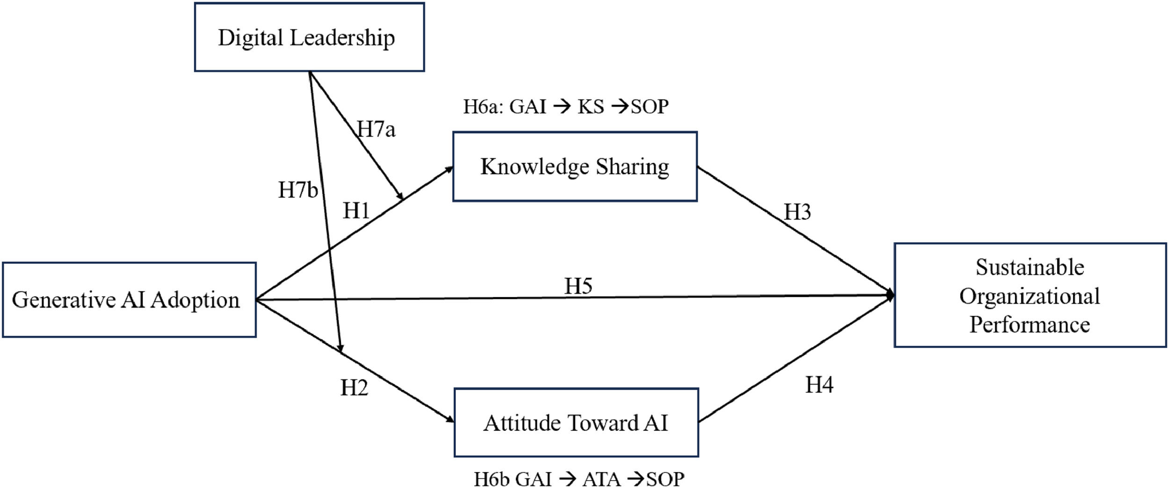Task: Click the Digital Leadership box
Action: pyautogui.click(x=309, y=37)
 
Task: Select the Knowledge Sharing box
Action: pyautogui.click(x=575, y=167)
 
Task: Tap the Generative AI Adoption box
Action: pyautogui.click(x=129, y=300)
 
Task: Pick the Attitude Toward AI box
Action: pyautogui.click(x=576, y=422)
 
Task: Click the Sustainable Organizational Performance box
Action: pyautogui.click(x=1030, y=295)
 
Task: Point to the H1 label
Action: pyautogui.click(x=356, y=211)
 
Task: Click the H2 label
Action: pyautogui.click(x=354, y=387)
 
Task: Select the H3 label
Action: pyautogui.click(x=797, y=212)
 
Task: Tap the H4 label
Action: pyautogui.click(x=819, y=385)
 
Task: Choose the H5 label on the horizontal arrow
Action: pyautogui.click(x=578, y=286)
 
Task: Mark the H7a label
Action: pyautogui.click(x=376, y=129)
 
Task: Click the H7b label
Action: pyautogui.click(x=298, y=190)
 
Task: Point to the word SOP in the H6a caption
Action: pyautogui.click(x=649, y=107)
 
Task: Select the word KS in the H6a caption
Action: pyautogui.click(x=591, y=107)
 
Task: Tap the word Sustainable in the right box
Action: pyautogui.click(x=1030, y=267)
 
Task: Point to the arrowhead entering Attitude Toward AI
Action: pyautogui.click(x=450, y=419)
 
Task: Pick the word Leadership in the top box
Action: pyautogui.click(x=342, y=37)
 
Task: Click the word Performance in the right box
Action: pyautogui.click(x=1030, y=325)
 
